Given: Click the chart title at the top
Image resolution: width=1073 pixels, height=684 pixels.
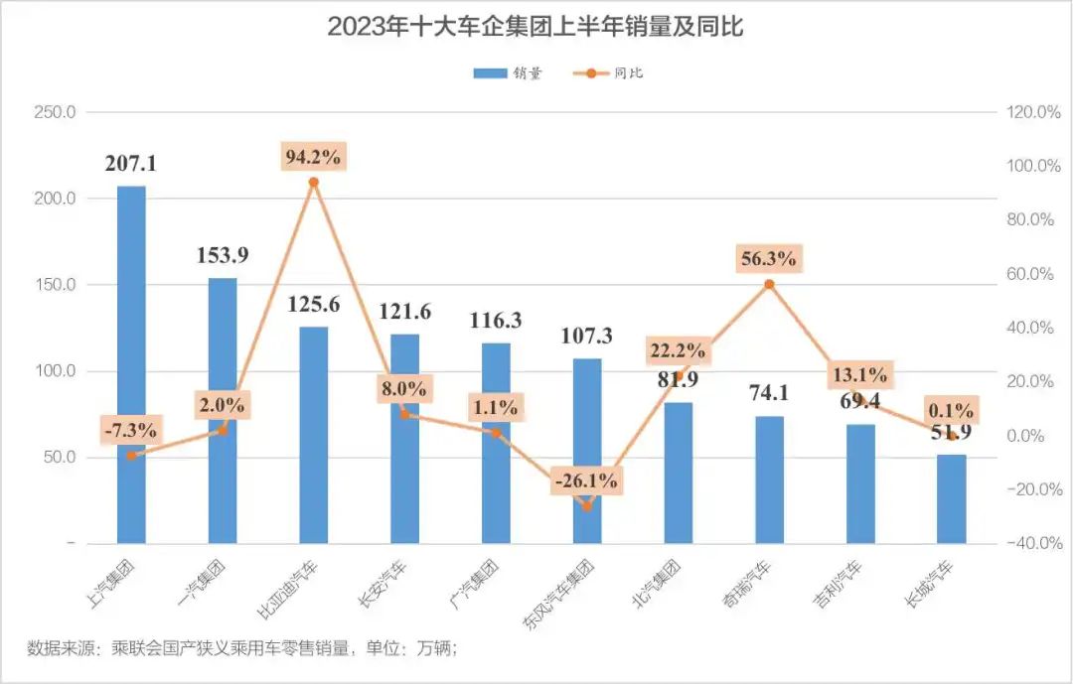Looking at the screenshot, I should [x=536, y=27].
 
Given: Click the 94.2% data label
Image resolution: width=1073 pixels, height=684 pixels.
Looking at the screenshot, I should [x=313, y=156].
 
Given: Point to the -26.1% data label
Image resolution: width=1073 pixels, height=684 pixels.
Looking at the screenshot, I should [x=586, y=481].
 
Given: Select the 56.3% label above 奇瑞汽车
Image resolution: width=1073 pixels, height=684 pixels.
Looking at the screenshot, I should [x=768, y=259].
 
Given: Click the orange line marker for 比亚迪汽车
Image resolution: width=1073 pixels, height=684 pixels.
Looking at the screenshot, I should [x=313, y=183].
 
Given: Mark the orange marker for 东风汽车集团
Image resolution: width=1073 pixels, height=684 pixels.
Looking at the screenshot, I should [x=586, y=506].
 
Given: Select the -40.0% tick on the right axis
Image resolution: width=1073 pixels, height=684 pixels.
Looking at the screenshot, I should [x=1033, y=544].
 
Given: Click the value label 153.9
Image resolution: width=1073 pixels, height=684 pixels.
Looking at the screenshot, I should [x=222, y=255].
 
